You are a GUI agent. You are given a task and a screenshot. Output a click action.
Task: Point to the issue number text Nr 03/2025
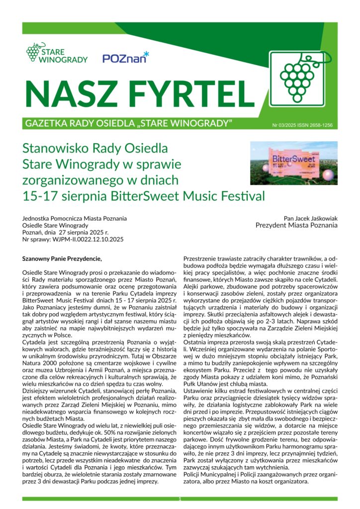pyautogui.click(x=284, y=125)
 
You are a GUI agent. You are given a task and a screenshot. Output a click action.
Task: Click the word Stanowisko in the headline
pyautogui.click(x=55, y=149)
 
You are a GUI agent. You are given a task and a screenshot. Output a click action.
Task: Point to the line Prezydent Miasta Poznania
pyautogui.click(x=296, y=225)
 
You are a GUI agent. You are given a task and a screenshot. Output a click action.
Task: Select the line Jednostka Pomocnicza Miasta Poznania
pyautogui.click(x=75, y=218)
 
